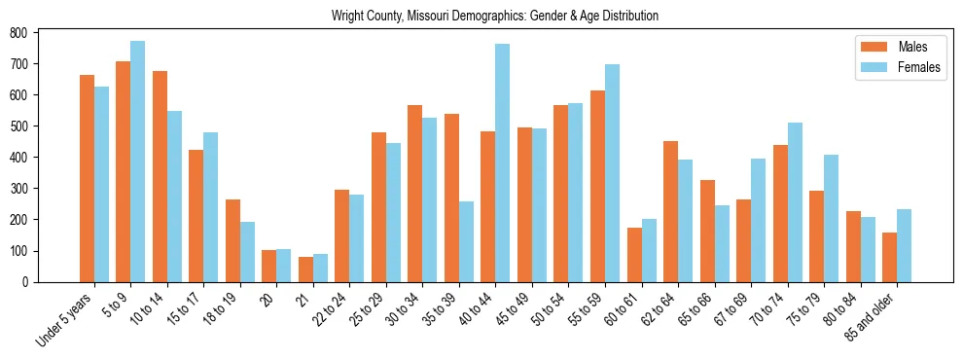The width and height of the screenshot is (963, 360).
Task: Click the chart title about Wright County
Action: point(494,16)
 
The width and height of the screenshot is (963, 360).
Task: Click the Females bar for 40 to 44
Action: point(503,162)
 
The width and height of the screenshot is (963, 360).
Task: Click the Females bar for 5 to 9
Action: point(138,162)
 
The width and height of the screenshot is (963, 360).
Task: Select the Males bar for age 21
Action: point(305,270)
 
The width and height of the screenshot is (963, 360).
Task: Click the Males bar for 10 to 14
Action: point(160,176)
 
